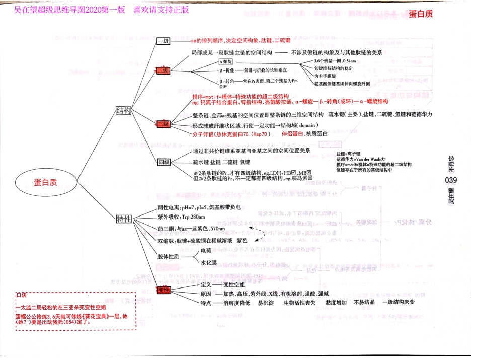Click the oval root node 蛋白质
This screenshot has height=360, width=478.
[46, 183]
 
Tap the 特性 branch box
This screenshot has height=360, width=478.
[124, 219]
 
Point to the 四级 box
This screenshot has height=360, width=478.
[164, 162]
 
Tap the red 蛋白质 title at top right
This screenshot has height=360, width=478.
[421, 14]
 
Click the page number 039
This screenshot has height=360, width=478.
[451, 181]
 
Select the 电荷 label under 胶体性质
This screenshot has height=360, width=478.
[206, 250]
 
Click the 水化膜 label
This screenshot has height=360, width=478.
[208, 263]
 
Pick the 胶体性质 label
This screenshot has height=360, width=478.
[168, 257]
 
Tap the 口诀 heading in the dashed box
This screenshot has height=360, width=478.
[22, 294]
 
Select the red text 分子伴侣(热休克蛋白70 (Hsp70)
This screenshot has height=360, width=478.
[232, 134]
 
